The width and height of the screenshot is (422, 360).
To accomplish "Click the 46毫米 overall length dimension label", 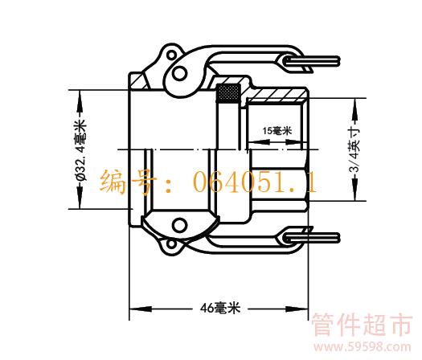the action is (x=220, y=308).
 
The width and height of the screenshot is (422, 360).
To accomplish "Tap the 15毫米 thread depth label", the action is (x=277, y=131).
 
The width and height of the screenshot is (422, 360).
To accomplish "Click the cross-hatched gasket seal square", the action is (x=228, y=93).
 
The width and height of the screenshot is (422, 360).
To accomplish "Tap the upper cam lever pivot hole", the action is (x=179, y=73).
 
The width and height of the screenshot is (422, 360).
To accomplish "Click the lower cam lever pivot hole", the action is (x=179, y=225).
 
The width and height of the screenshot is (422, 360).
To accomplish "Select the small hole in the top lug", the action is (x=171, y=55).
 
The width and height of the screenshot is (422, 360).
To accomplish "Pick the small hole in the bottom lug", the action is (x=170, y=244).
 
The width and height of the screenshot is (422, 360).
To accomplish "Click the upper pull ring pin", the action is (x=311, y=61).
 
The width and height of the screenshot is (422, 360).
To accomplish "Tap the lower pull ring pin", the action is (x=311, y=238).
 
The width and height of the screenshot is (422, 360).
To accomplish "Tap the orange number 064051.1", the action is (x=255, y=182).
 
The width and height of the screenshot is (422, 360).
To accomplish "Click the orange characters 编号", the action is (x=127, y=182).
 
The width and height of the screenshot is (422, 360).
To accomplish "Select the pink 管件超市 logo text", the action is (x=362, y=325).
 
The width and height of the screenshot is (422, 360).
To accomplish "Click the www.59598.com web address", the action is (x=363, y=347).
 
